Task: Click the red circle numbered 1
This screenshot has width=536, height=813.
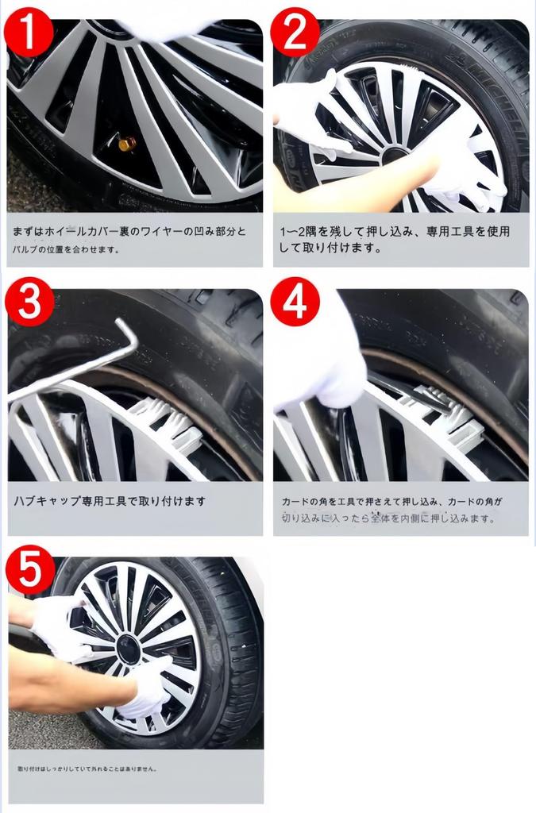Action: point(29,31)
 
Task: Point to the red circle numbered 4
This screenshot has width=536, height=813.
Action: point(295,302)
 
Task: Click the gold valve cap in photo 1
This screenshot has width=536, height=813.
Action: point(127,144)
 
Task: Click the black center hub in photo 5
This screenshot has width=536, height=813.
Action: point(128,649)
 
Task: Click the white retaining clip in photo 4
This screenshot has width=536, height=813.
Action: point(445,413)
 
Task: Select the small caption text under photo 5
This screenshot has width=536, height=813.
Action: point(87,769)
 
